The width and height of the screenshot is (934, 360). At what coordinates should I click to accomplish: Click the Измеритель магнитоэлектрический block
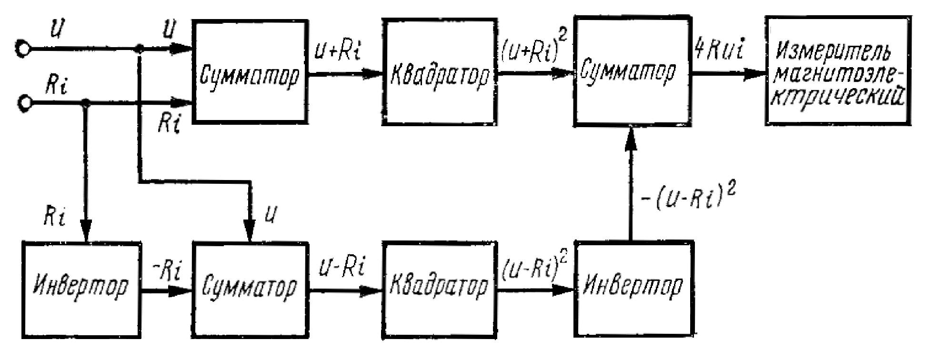tap(837, 71)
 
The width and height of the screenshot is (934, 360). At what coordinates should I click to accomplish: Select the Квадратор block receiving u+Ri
tap(439, 72)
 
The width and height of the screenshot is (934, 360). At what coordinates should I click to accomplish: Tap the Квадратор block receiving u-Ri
tap(439, 290)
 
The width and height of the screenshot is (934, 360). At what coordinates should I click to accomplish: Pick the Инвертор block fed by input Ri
tap(81, 290)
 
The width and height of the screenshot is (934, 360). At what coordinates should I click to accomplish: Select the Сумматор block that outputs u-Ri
tap(250, 290)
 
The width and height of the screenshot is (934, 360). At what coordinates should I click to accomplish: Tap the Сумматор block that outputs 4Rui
tap(632, 71)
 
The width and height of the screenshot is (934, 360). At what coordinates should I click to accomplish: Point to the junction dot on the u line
tap(139, 49)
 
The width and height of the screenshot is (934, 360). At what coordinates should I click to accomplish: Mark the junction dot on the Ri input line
tap(86, 103)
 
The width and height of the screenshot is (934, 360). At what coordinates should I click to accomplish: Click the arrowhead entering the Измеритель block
tap(754, 74)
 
